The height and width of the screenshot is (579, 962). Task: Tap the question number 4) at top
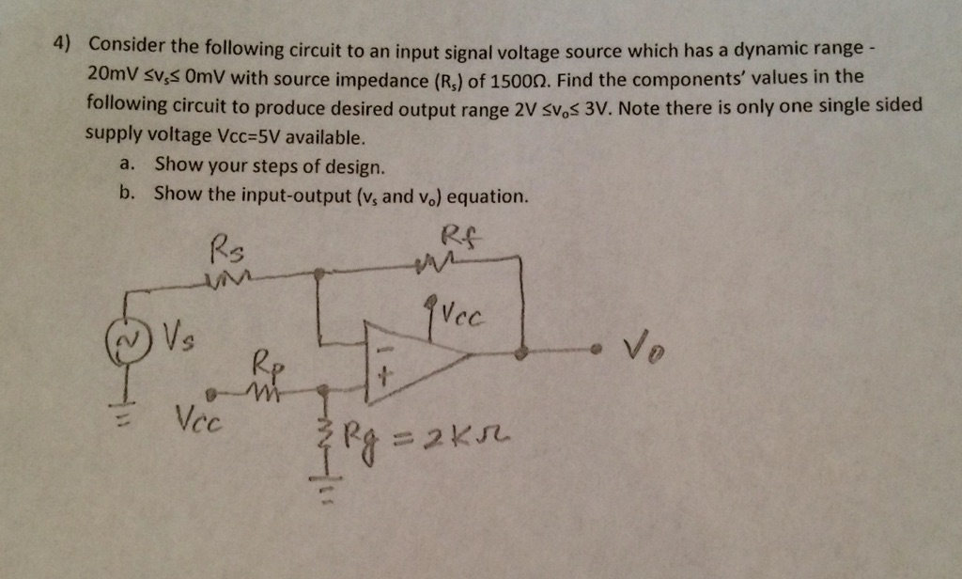point(62,44)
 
